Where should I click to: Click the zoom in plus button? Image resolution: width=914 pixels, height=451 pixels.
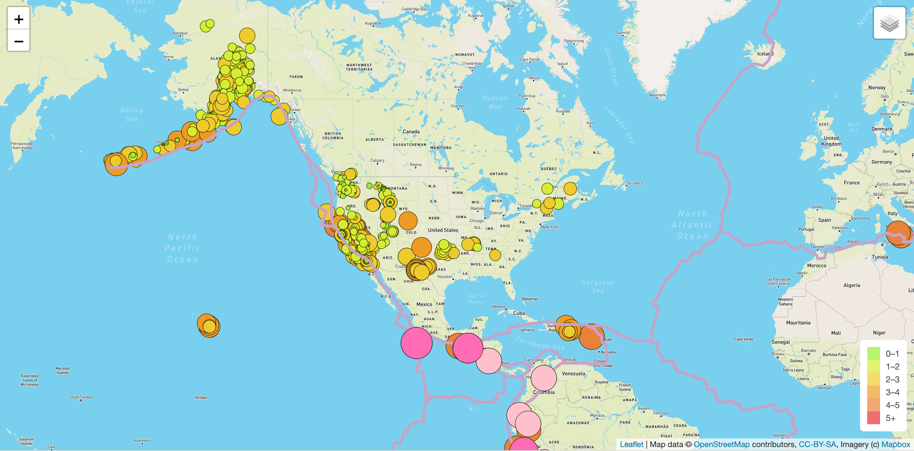19,19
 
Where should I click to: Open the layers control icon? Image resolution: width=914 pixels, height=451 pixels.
889,23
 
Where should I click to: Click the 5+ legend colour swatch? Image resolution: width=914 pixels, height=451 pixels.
873,418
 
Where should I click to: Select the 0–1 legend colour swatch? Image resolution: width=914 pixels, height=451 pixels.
873,353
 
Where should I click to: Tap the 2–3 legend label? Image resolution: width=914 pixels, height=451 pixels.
892,379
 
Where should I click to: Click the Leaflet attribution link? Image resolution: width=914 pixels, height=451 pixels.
631,444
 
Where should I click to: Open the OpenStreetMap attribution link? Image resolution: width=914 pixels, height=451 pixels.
721,444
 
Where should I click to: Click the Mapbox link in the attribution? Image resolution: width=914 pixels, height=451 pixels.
896,444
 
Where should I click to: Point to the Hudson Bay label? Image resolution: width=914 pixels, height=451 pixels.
495,102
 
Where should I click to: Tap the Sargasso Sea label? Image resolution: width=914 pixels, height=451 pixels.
598,286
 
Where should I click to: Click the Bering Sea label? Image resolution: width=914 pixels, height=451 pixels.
131,114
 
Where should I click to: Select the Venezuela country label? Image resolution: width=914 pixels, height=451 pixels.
573,373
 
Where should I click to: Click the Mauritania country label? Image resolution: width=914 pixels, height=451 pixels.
798,323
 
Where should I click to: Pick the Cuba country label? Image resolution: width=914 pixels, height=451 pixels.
519,313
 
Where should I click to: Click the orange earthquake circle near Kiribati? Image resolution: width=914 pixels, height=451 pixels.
208,325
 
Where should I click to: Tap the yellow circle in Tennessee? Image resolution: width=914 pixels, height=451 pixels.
495,255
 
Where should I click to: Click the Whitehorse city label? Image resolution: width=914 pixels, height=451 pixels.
292,90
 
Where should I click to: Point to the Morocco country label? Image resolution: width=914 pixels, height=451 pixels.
816,266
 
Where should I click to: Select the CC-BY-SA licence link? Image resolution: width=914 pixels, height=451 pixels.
817,444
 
